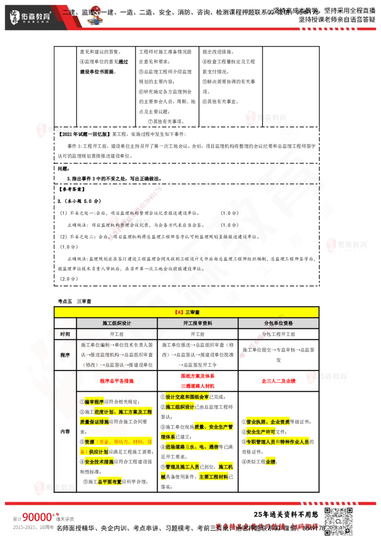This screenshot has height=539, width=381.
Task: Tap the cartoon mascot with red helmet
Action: click(96, 15)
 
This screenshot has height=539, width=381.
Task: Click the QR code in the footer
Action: click(339, 521)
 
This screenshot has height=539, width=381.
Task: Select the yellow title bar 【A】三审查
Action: click(186, 312)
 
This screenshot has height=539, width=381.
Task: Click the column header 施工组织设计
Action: click(117, 323)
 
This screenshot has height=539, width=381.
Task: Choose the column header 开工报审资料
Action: click(197, 323)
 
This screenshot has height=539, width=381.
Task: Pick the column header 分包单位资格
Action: click(278, 323)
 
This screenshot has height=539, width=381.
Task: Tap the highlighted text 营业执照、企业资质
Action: click(269, 422)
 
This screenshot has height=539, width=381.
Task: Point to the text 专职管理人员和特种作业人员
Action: click(279, 442)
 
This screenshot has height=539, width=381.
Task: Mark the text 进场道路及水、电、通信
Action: click(192, 447)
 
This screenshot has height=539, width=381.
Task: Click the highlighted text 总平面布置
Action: click(110, 481)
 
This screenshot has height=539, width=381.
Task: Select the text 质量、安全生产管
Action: click(213, 427)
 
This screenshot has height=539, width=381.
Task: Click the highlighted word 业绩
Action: click(271, 462)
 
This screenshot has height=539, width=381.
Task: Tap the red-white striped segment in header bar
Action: click(328, 30)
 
